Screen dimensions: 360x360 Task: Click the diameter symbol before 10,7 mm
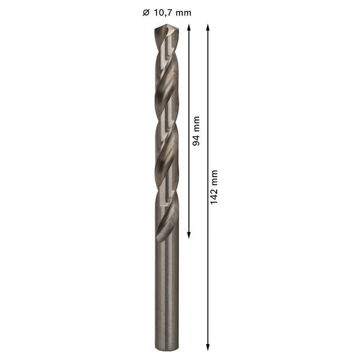tap(146, 13)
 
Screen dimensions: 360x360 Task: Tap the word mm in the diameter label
tap(183, 13)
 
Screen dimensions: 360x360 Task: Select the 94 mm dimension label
tap(197, 131)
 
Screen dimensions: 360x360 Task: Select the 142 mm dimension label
tap(214, 187)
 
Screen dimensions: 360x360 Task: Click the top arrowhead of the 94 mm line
tap(189, 27)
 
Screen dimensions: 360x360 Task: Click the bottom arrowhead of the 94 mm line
tap(189, 235)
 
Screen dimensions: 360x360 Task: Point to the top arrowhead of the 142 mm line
tap(208, 27)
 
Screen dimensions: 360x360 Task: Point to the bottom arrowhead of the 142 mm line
tap(208, 347)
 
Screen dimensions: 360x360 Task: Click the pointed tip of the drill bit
tap(167, 26)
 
